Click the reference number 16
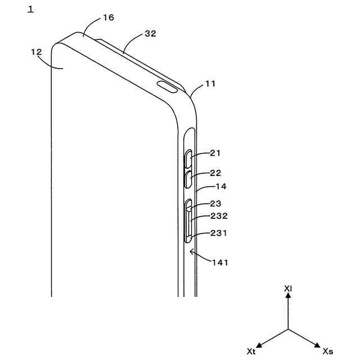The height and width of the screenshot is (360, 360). pos(109,17)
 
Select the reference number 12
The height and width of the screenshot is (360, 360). pos(37,52)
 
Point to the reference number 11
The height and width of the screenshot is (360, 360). pos(210,84)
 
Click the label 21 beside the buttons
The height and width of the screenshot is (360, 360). pos(216,153)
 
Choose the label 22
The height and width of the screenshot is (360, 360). pos(216,173)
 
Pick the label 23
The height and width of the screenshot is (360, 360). pos(216,204)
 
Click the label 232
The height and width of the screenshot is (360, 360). pos(219,216)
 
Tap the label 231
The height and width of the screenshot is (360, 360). pos(219,233)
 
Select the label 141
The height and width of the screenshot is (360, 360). pos(222,262)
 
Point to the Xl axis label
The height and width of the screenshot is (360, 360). pos(288,289)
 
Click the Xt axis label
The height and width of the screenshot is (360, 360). pos(251,351)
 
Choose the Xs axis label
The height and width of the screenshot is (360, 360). pos(328,351)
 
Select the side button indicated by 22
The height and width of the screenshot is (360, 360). pos(190,179)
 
